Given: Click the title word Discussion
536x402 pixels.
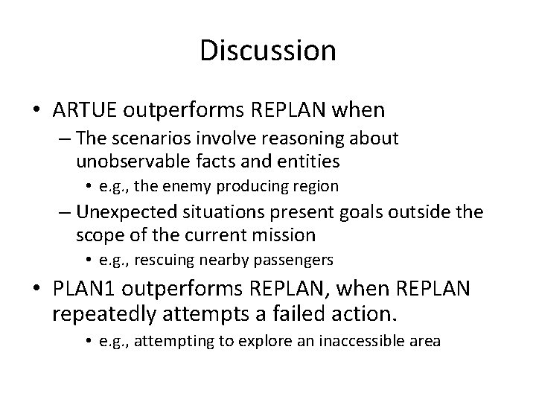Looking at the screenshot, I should (268, 51).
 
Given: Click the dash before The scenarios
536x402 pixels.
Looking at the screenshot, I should (63, 139).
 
